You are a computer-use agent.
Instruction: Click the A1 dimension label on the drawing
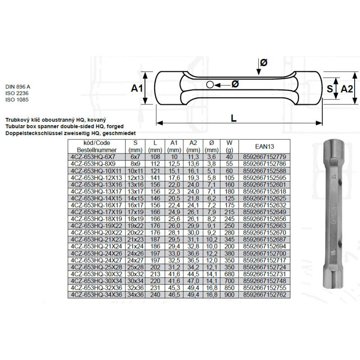137,88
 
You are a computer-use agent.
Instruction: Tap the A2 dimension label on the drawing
346,89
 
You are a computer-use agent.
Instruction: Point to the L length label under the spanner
234,118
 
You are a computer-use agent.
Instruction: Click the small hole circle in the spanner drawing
210,85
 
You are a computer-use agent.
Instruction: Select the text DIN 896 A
18,87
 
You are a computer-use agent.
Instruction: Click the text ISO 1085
17,99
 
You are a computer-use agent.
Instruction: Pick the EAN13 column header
265,147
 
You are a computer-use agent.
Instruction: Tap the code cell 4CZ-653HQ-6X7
93,157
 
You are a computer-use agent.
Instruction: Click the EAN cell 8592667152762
265,295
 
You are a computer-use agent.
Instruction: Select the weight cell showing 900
229,295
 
